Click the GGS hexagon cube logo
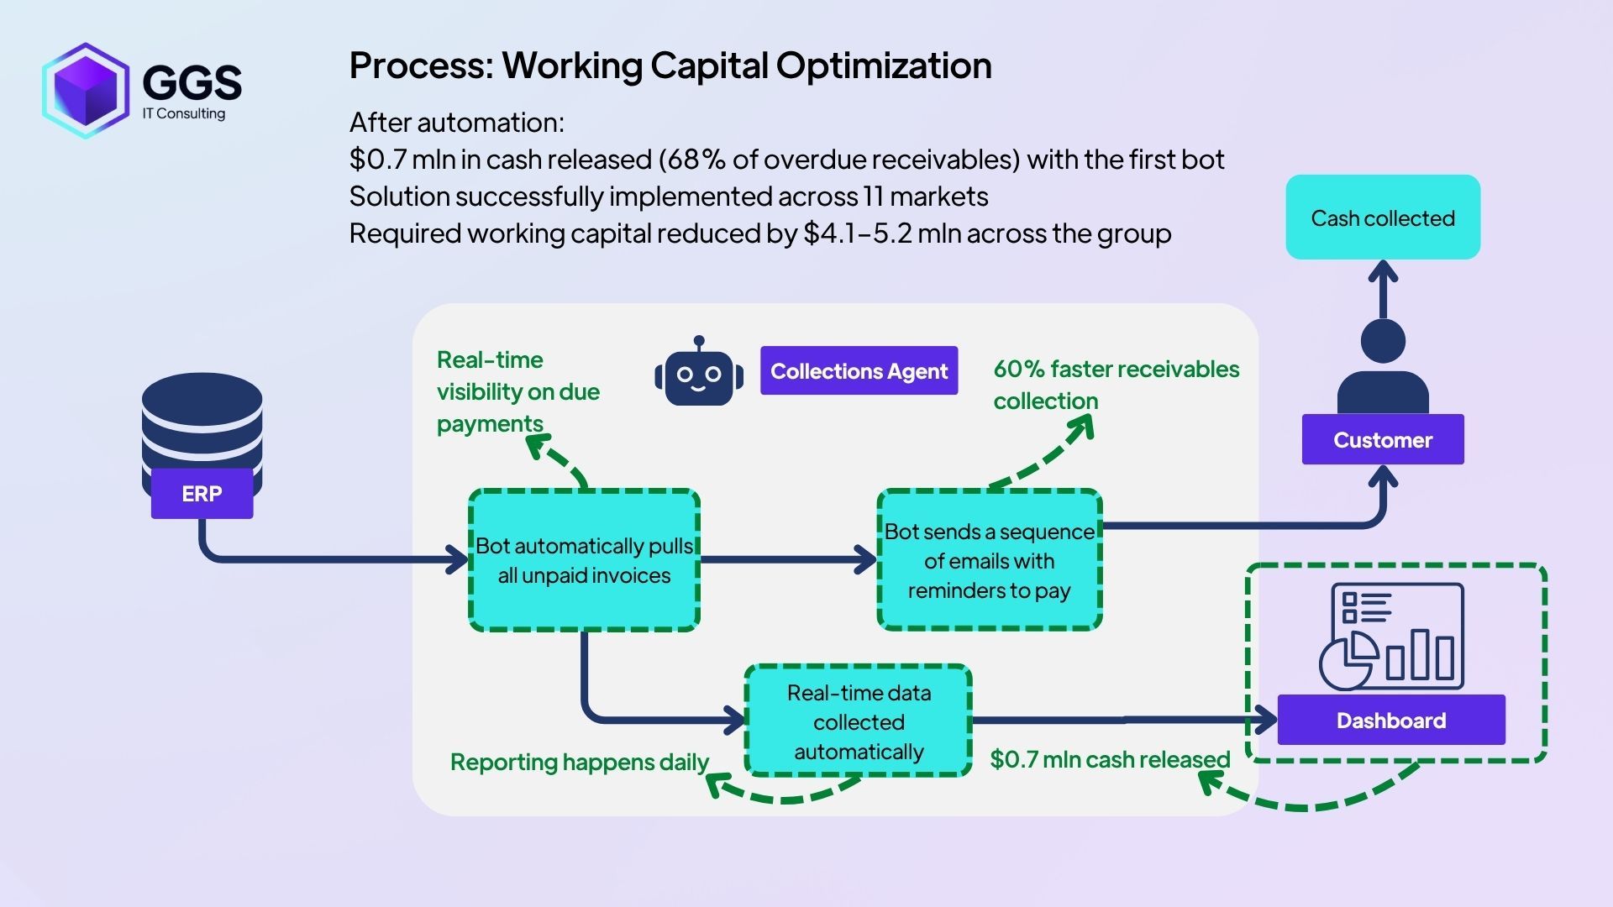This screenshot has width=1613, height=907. click(85, 90)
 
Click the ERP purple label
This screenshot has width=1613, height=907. click(202, 494)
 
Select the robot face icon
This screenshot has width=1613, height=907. click(699, 375)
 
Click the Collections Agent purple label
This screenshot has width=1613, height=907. click(859, 371)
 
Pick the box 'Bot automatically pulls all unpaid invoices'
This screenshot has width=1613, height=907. click(584, 560)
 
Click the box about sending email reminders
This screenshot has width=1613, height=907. click(989, 560)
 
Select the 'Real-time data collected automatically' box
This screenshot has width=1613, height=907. click(858, 721)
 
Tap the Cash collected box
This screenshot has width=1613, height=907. click(1382, 218)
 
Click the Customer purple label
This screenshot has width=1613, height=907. click(1382, 439)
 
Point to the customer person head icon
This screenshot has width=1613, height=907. click(1382, 342)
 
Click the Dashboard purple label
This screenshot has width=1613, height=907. click(1390, 720)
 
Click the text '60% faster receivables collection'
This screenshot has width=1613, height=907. click(1115, 385)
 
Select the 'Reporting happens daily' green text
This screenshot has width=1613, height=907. click(579, 763)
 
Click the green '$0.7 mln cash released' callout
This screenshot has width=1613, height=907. click(1109, 759)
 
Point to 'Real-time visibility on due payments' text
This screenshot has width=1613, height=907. click(518, 391)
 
